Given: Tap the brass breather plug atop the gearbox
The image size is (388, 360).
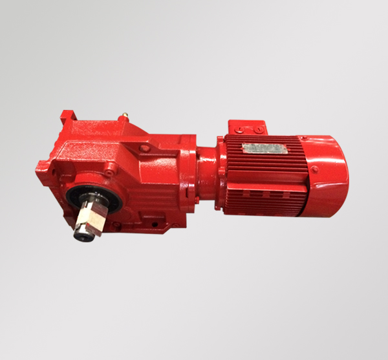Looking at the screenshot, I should (x=122, y=118).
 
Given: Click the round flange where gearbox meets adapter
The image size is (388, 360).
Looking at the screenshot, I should (x=191, y=171).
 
